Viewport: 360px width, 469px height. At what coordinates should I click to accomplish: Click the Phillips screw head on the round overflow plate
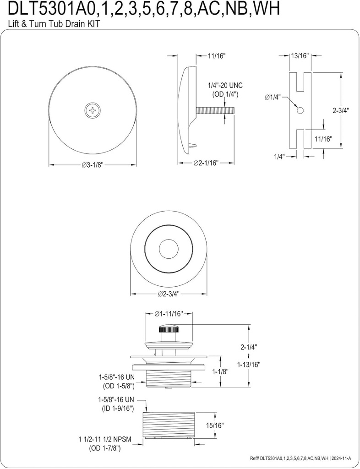click(x=93, y=110)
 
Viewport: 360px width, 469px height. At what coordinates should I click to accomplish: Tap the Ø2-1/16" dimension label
click(x=205, y=163)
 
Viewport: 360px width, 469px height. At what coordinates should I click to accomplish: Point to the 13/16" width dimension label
click(x=300, y=56)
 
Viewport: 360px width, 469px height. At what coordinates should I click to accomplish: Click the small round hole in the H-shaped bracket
click(x=300, y=111)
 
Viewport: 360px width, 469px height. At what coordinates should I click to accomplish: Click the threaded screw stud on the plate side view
click(x=215, y=110)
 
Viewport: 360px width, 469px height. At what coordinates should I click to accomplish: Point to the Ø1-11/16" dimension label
click(x=169, y=314)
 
